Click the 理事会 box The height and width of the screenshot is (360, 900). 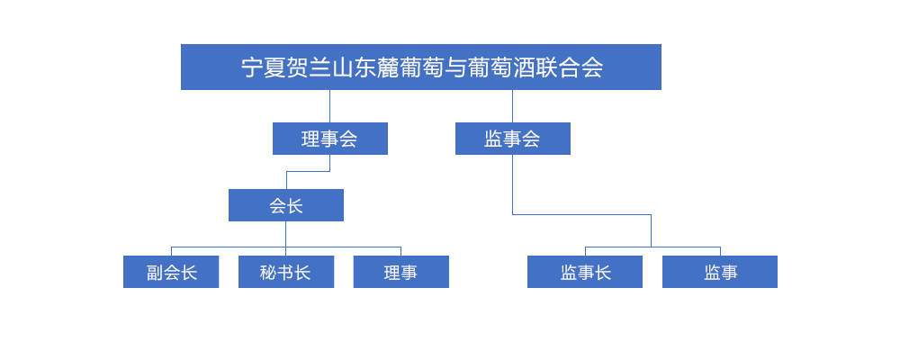330,139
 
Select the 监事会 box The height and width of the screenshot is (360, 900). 513,139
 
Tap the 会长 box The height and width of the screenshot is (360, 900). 286,205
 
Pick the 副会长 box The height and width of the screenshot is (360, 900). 171,272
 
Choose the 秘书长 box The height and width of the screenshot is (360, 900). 286,272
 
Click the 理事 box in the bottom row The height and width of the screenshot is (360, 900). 400,272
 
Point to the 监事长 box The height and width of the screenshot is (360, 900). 585,272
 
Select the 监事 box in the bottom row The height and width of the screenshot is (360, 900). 720,272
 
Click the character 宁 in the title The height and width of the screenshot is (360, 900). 251,67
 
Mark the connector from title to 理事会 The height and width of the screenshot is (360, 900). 329,106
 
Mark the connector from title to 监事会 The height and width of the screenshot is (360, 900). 513,106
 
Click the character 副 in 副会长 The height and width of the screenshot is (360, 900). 155,272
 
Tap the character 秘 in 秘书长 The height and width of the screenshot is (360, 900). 268,272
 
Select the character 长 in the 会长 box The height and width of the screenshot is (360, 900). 294,205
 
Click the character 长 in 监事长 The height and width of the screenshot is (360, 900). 602,272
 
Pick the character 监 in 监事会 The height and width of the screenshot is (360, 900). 493,139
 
